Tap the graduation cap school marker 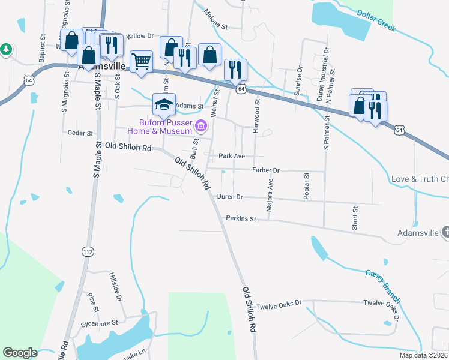pos(164,104)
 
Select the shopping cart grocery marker pos(141,61)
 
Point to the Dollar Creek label pos(376,20)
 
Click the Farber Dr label pos(266,170)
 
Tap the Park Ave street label pos(231,156)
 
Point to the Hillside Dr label pos(115,287)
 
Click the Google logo pos(20,353)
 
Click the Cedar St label pos(81,133)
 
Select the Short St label pos(355,218)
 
